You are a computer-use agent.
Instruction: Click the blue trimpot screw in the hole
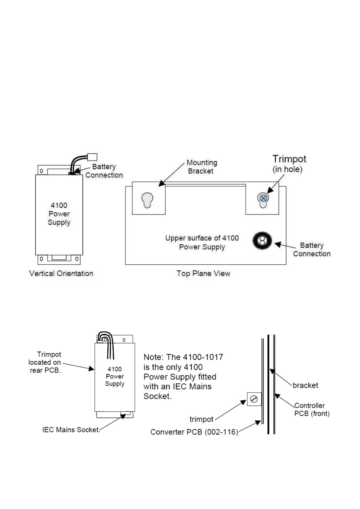pyautogui.click(x=263, y=198)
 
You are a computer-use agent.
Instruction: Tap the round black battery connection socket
pyautogui.click(x=262, y=241)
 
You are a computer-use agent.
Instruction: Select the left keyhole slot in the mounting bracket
pyautogui.click(x=147, y=200)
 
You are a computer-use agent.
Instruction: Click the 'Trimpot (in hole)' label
pyautogui.click(x=289, y=164)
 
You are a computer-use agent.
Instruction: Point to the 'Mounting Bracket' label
pyautogui.click(x=202, y=167)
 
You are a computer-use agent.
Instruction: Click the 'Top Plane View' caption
pyautogui.click(x=203, y=274)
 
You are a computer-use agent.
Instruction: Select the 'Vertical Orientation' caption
pyautogui.click(x=61, y=274)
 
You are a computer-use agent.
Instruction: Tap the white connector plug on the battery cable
pyautogui.click(x=92, y=157)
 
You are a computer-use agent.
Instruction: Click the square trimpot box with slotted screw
pyautogui.click(x=254, y=399)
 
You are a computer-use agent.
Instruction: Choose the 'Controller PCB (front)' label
pyautogui.click(x=312, y=409)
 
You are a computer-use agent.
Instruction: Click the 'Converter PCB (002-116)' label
pyautogui.click(x=194, y=432)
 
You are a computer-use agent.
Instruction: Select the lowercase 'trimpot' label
pyautogui.click(x=201, y=419)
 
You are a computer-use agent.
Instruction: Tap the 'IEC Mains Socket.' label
pyautogui.click(x=71, y=430)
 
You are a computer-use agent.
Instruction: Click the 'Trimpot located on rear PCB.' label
pyautogui.click(x=45, y=362)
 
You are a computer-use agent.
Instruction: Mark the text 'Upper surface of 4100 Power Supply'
pyautogui.click(x=202, y=243)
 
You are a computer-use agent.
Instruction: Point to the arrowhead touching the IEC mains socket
pyautogui.click(x=123, y=417)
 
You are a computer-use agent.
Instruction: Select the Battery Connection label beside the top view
pyautogui.click(x=312, y=250)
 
